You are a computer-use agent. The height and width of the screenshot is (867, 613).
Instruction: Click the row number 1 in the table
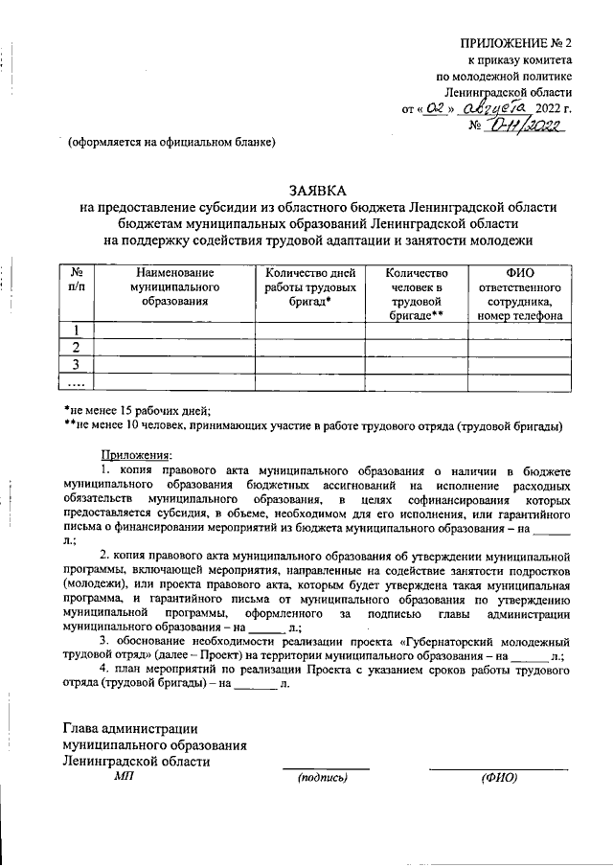77,331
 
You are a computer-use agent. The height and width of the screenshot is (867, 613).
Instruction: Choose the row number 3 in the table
77,364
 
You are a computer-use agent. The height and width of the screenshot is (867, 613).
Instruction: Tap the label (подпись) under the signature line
323,776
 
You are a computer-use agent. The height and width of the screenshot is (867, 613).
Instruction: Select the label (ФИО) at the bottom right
499,776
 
